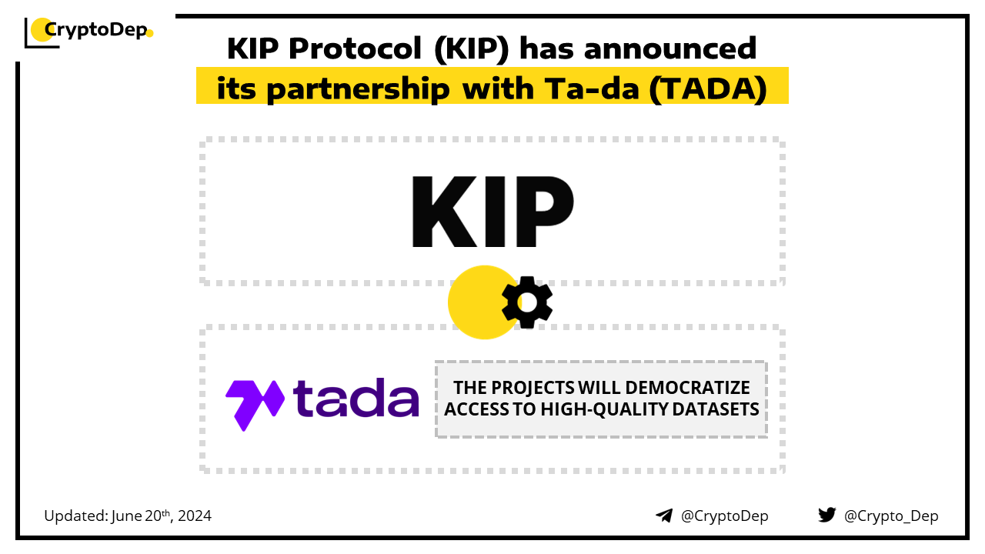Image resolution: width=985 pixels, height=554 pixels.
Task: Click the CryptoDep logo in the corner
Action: pos(88,32)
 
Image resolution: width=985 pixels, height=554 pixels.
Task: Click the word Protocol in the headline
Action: pos(356,48)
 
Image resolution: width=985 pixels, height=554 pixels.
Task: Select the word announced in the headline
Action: pos(670,48)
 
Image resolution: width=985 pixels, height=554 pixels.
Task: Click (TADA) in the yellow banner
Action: pos(708,89)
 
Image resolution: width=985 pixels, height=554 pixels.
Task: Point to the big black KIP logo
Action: pos(492,212)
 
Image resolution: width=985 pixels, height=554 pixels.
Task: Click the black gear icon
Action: pos(527,302)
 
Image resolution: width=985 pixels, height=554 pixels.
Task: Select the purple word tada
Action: pos(356,398)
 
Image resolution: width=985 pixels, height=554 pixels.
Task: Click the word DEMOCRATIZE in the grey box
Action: pos(687,388)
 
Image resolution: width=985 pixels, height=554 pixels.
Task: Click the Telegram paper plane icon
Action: pos(664,516)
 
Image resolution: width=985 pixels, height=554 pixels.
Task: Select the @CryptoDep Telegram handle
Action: pos(724,516)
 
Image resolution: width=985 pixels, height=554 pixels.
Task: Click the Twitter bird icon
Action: pos(827,515)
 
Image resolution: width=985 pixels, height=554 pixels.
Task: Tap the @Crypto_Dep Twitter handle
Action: pos(891,516)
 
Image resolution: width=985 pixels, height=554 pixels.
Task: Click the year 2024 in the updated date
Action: pos(195,516)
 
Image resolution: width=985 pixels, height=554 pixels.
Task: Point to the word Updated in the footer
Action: pos(76,516)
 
